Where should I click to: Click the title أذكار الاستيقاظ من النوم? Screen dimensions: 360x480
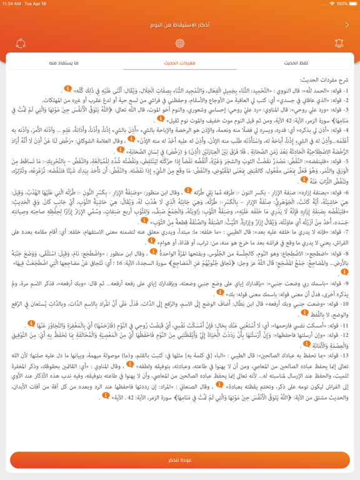(x=180, y=25)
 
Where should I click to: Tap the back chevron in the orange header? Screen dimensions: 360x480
(x=347, y=25)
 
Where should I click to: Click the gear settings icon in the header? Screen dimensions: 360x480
(x=180, y=44)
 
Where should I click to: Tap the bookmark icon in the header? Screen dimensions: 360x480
(x=339, y=44)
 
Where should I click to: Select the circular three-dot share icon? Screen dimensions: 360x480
(x=21, y=44)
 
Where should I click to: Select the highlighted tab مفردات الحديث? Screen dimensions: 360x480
(x=180, y=63)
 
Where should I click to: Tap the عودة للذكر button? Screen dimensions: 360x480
(x=180, y=459)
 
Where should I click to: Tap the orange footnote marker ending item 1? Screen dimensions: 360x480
(x=68, y=88)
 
